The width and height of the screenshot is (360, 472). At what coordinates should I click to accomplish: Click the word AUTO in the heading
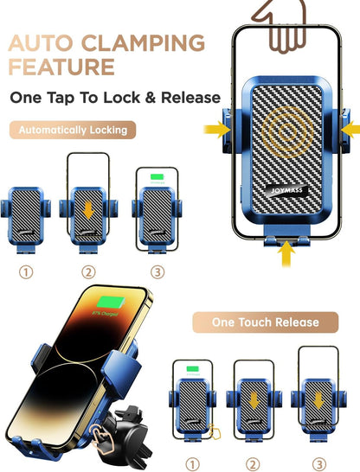[40, 42]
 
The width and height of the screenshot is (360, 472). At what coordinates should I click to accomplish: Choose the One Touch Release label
[266, 322]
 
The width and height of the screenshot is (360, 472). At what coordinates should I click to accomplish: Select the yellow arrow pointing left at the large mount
[349, 129]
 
